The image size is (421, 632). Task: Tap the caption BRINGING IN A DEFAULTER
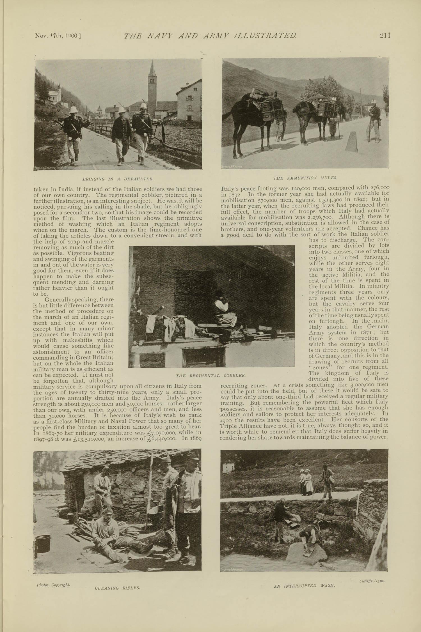pyautogui.click(x=118, y=179)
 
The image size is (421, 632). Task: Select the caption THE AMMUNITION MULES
pyautogui.click(x=305, y=178)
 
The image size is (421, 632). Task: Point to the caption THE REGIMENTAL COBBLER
pyautogui.click(x=211, y=375)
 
